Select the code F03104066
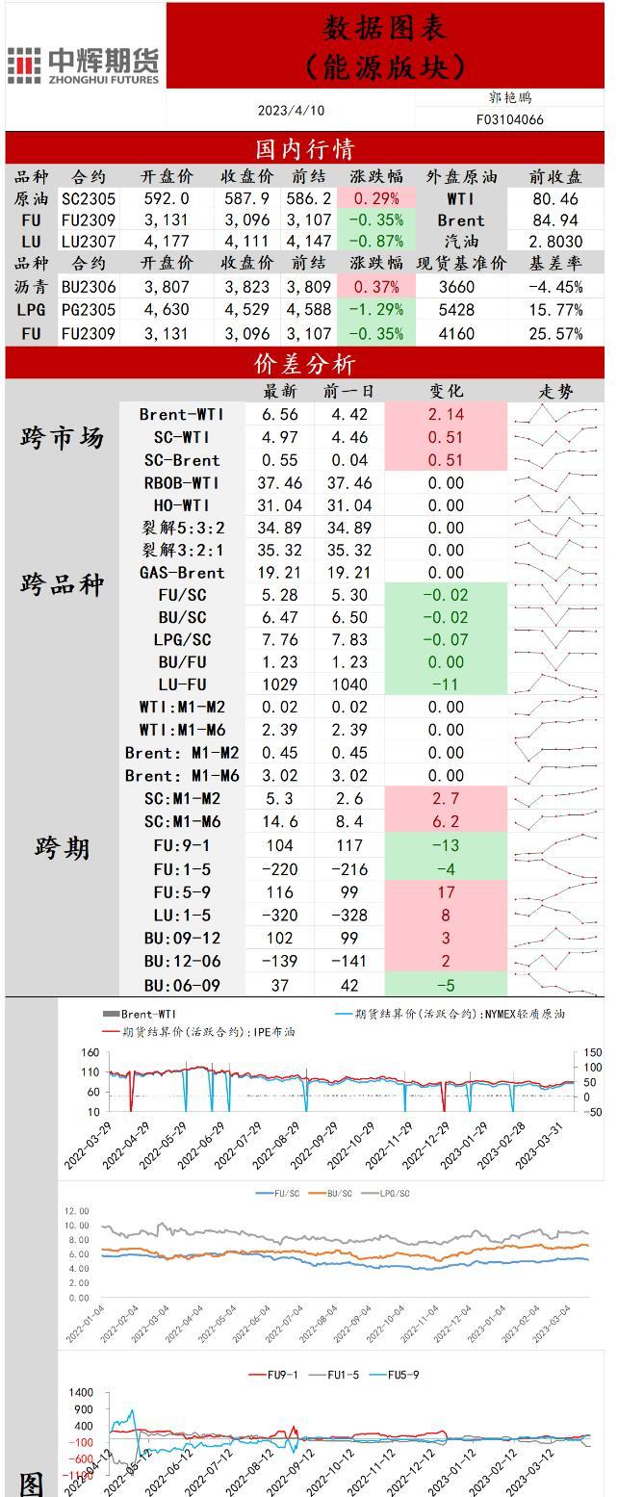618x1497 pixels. pyautogui.click(x=509, y=119)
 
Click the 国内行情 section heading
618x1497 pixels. pyautogui.click(x=304, y=149)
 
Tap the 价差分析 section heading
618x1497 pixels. pyautogui.click(x=304, y=364)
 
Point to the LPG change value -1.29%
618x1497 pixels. pyautogui.click(x=376, y=310)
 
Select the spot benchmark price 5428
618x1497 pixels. pyautogui.click(x=456, y=310)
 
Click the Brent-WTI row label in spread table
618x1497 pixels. pyautogui.click(x=182, y=415)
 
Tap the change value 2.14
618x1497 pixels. pyautogui.click(x=446, y=415)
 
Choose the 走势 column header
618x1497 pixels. pyautogui.click(x=555, y=391)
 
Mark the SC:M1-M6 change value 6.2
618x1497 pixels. pyautogui.click(x=446, y=821)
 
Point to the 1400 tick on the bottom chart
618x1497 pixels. pyautogui.click(x=81, y=1393)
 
